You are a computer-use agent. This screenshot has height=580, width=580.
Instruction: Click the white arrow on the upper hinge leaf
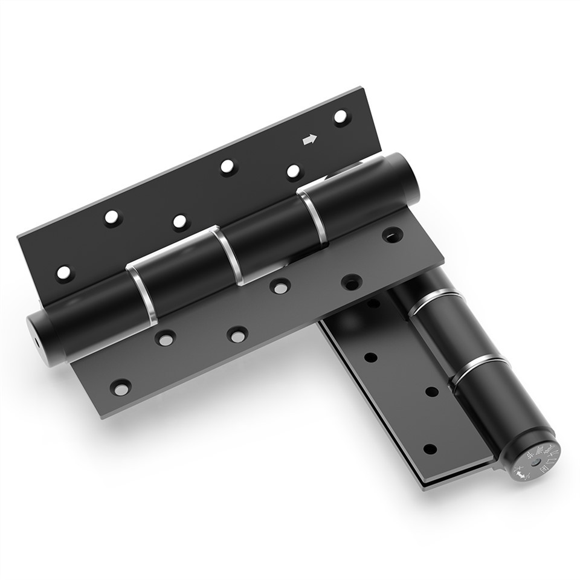pos(309,140)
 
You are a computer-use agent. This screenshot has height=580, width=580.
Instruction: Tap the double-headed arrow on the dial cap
pos(521,475)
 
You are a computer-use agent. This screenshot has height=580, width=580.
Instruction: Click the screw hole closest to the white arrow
pos(341,116)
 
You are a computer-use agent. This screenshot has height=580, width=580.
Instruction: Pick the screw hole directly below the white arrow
pos(294,172)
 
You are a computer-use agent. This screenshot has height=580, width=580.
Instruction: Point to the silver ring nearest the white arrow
pos(313,214)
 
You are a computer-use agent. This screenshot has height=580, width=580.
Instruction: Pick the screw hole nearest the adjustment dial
pos(430,449)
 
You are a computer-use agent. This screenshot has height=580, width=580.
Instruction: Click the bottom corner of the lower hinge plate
pos(426,487)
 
